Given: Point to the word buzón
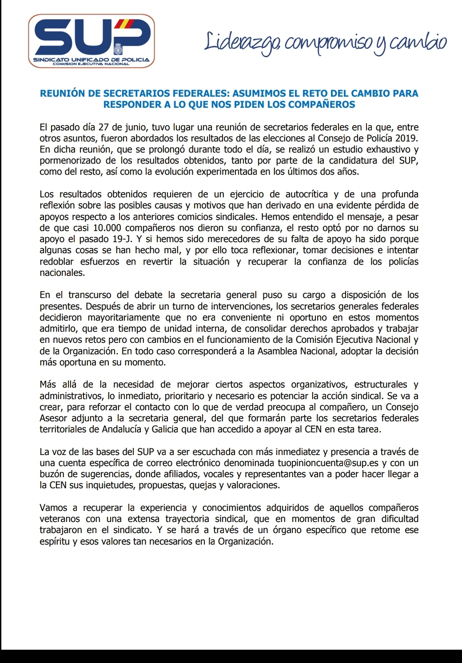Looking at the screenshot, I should (x=52, y=474).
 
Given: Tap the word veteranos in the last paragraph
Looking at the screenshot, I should (x=60, y=519).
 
